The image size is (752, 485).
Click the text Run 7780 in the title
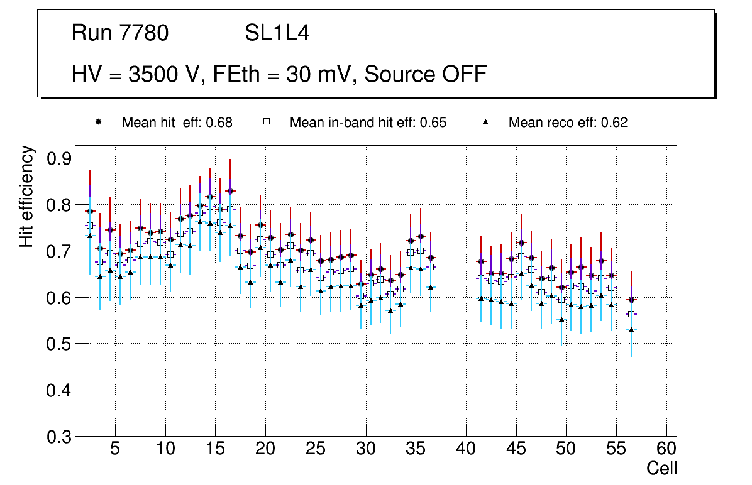click(x=120, y=33)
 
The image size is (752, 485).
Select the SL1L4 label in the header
click(x=277, y=33)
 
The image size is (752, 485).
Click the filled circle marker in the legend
click(x=98, y=122)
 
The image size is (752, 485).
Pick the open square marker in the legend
click(x=266, y=122)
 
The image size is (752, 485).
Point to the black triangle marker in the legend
click(x=485, y=122)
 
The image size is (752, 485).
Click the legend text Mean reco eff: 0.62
click(x=568, y=123)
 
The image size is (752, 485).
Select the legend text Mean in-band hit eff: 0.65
click(x=368, y=123)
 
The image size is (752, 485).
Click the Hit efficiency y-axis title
click(x=27, y=196)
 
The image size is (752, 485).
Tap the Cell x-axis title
click(x=661, y=468)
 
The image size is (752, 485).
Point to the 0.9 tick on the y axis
click(x=60, y=158)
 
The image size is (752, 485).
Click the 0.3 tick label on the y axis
click(x=60, y=437)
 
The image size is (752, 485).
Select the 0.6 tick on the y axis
click(x=60, y=297)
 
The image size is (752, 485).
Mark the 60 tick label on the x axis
click(x=666, y=449)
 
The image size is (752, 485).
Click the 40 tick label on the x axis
click(x=466, y=449)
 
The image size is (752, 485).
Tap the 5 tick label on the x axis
click(x=115, y=449)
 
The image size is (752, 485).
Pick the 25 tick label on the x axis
click(x=316, y=449)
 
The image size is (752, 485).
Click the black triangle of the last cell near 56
click(x=632, y=330)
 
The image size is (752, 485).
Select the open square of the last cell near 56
click(x=632, y=314)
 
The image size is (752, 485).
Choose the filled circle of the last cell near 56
click(x=632, y=300)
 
